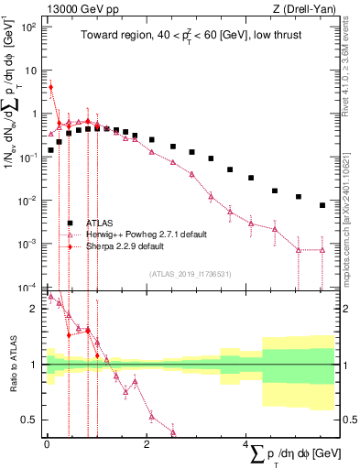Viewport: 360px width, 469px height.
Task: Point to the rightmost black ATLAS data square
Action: click(322, 205)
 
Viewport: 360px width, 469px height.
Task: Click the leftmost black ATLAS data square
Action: click(51, 149)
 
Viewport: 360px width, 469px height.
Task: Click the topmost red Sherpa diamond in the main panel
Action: click(51, 88)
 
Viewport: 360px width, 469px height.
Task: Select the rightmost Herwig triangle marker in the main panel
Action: click(322, 250)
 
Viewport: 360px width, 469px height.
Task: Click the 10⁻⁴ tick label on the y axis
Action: click(28, 287)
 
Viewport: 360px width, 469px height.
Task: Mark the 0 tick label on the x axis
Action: click(47, 443)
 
